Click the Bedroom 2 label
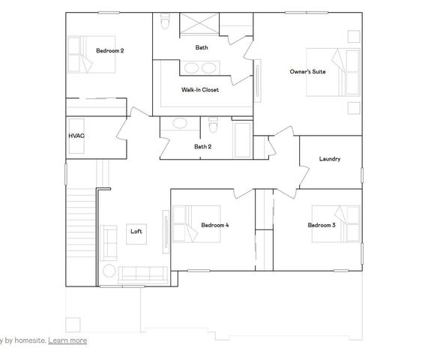point(110,51)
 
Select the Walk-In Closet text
point(200,90)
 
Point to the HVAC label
point(76,136)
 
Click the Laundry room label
point(330,159)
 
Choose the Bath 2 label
point(202,146)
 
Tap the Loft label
point(136,231)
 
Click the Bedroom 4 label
point(215,225)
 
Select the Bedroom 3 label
point(322,225)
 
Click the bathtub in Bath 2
point(244,139)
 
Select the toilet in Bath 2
point(213,124)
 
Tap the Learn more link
point(67,340)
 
